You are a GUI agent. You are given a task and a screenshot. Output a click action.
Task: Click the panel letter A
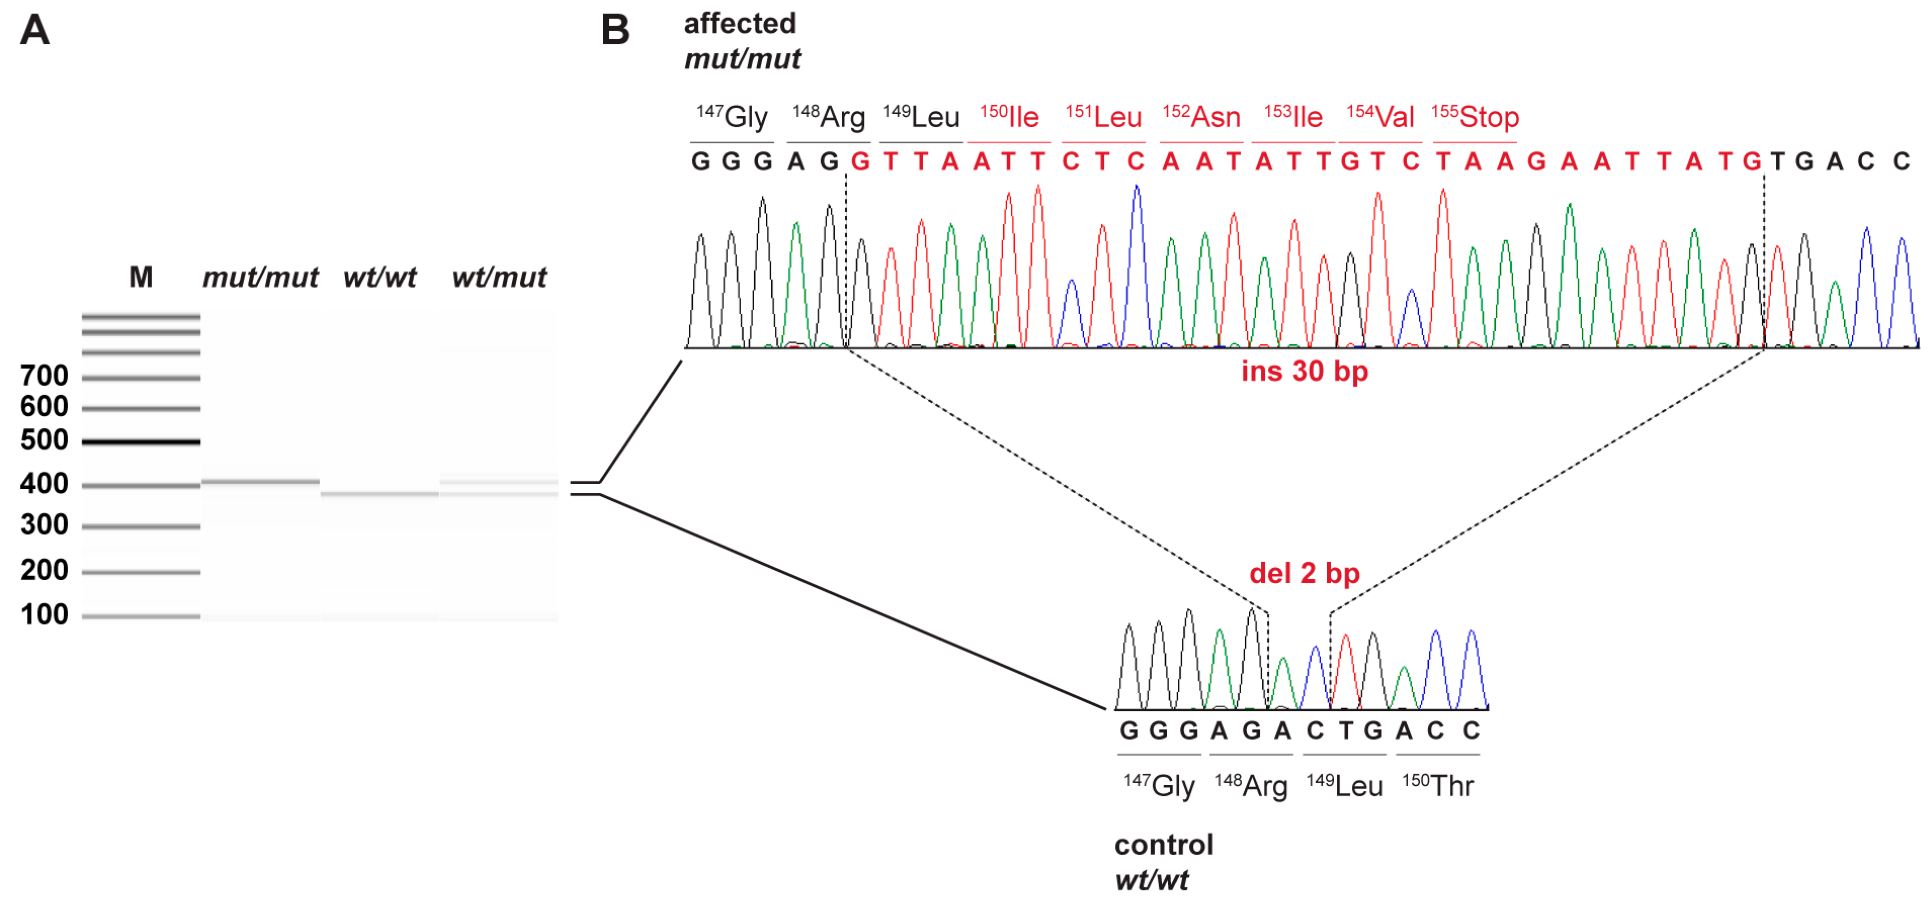pyautogui.click(x=35, y=31)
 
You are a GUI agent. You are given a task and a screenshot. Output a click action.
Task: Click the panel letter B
pyautogui.click(x=615, y=31)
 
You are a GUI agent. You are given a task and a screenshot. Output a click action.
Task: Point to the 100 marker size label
pyautogui.click(x=44, y=615)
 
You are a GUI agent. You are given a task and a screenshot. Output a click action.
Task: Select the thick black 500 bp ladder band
pyautogui.click(x=141, y=442)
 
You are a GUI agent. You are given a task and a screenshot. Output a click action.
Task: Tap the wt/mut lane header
pyautogui.click(x=499, y=277)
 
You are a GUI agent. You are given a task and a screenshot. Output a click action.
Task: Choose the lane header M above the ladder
pyautogui.click(x=141, y=277)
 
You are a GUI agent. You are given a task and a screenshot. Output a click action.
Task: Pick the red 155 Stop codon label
pyautogui.click(x=1475, y=117)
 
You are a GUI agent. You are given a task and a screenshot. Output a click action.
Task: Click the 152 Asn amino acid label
pyautogui.click(x=1201, y=117)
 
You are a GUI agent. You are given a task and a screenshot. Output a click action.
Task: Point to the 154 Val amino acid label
pyautogui.click(x=1380, y=117)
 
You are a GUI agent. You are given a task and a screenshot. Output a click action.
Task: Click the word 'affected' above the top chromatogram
pyautogui.click(x=740, y=24)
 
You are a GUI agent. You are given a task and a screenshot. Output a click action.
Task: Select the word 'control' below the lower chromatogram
pyautogui.click(x=1163, y=846)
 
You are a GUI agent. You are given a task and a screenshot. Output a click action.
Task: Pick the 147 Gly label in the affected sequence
pyautogui.click(x=732, y=117)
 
